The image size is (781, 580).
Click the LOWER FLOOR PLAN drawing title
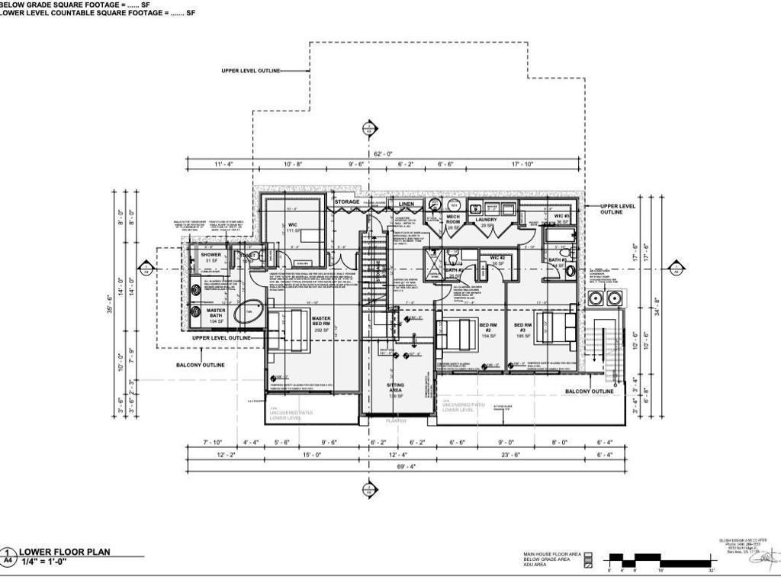coord(64,552)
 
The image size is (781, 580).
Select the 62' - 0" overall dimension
coord(383,154)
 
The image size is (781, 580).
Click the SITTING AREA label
coord(395,390)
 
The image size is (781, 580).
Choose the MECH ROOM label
coord(453,221)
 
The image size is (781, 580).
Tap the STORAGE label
coord(346,202)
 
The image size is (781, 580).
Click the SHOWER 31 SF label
coord(211,258)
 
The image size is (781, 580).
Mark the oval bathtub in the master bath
coord(246,312)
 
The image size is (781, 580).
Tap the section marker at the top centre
coord(370,128)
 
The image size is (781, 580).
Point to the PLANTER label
coord(396,421)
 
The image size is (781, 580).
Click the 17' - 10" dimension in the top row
coord(522,164)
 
